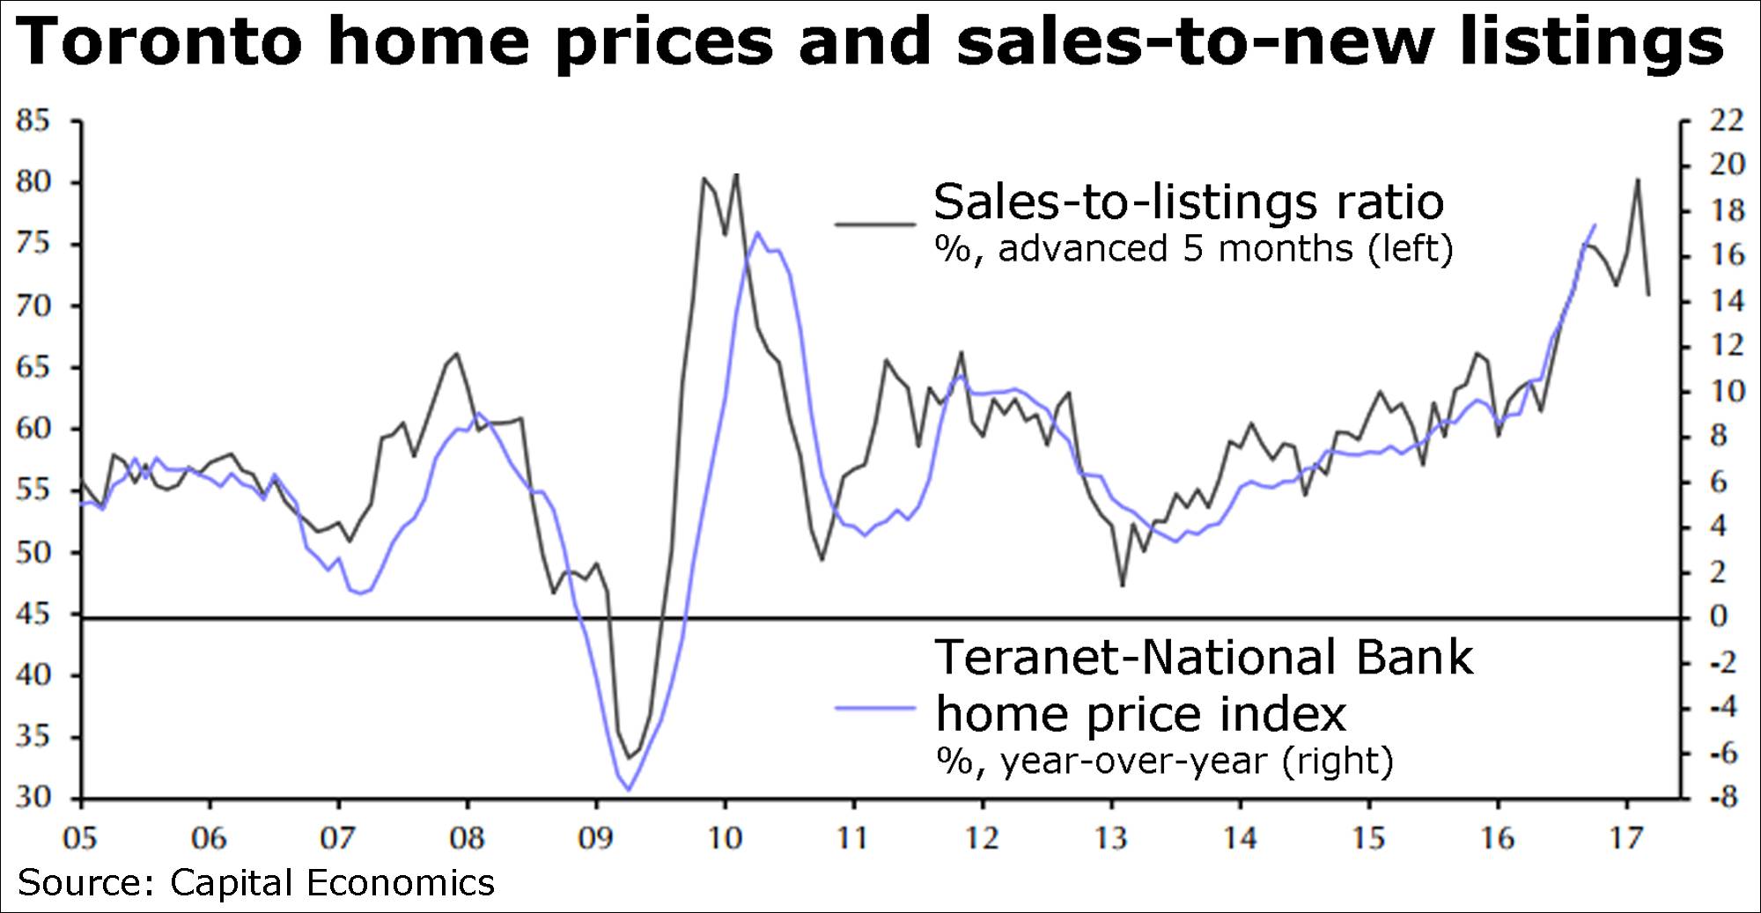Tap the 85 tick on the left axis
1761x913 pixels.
point(33,121)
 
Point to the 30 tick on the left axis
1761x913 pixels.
point(33,799)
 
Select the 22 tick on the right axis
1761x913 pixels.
point(1725,121)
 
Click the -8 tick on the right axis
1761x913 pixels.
point(1721,799)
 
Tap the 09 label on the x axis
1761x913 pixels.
point(596,838)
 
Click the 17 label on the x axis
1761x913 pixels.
point(1626,838)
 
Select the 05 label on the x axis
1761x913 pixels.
point(80,838)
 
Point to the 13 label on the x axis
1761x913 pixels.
point(1111,838)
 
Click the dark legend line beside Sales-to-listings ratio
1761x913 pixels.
point(875,225)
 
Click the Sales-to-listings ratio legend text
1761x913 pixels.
point(1188,202)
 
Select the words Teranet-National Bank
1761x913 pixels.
point(1203,657)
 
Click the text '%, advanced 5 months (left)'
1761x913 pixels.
point(1193,249)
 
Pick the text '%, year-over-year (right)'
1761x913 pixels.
point(1164,760)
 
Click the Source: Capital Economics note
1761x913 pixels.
point(256,882)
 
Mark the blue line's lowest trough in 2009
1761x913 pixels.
point(628,790)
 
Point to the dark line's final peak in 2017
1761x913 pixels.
point(1637,180)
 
